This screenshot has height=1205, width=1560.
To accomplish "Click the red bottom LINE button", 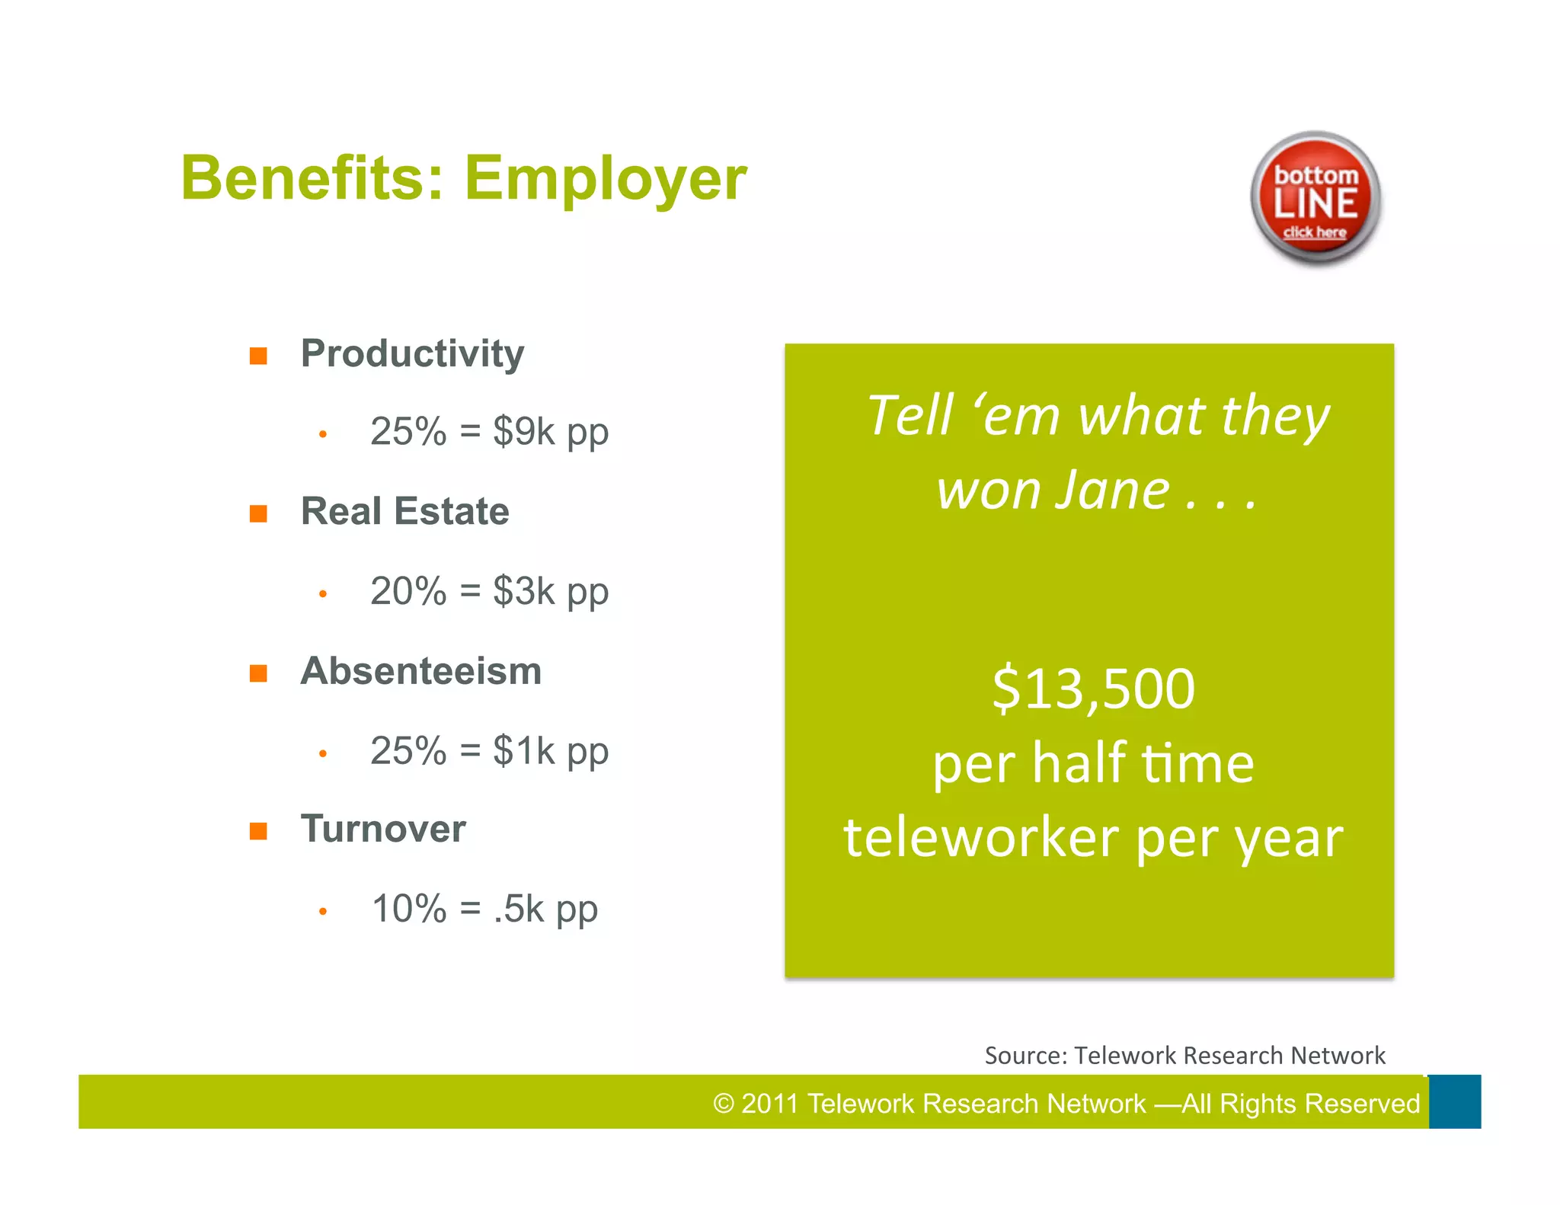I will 1315,199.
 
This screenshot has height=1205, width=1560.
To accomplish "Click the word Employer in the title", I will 606,179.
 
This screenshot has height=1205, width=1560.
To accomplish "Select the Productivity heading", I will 412,354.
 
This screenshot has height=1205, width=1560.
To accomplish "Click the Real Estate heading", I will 404,511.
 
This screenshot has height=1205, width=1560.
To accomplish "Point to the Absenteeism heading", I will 420,671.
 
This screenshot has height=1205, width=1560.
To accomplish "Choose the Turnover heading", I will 383,829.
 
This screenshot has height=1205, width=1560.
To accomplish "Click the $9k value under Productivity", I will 524,431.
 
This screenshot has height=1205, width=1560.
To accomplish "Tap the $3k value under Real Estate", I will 524,591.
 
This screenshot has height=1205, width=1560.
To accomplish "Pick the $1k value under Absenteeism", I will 524,751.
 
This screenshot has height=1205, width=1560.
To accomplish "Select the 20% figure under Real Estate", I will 408,591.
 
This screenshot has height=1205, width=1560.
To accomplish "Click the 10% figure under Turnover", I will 409,909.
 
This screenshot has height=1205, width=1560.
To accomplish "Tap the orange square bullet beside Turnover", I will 258,830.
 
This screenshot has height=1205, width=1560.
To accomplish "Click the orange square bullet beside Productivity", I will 258,356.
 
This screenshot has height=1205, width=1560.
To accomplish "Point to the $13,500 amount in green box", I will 1093,689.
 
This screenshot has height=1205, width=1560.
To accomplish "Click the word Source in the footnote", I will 1025,1056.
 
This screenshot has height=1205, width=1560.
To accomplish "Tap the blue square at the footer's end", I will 1454,1101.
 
